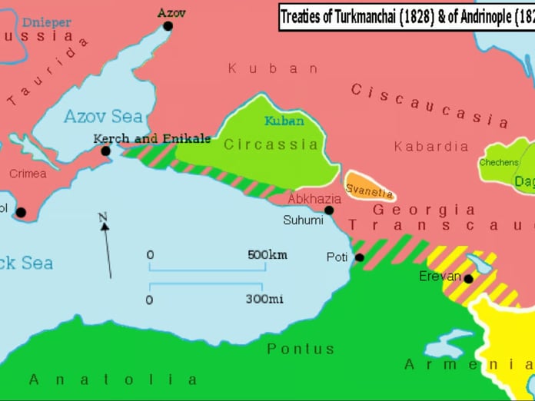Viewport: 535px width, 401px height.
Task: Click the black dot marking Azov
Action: coord(168,26)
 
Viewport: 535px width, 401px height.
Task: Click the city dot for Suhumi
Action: coord(329,210)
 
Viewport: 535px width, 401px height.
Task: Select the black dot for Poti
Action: coord(359,257)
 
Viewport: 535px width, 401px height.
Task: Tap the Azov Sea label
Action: coord(103,117)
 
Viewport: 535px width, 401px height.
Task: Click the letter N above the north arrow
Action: coord(102,218)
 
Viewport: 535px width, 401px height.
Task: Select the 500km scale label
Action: coord(267,255)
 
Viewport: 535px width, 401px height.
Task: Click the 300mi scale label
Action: coord(264,299)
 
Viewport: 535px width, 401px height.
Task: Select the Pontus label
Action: coord(301,349)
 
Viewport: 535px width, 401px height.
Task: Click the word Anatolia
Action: coord(113,379)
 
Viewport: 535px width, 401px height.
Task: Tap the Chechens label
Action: coord(498,163)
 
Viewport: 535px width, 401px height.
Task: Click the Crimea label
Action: coord(28,174)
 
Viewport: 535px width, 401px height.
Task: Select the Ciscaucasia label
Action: coord(430,105)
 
